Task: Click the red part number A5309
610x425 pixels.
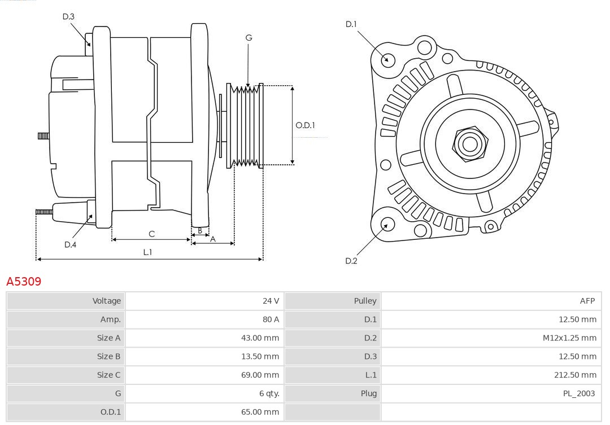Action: [24, 281]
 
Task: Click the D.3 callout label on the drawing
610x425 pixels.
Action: [68, 17]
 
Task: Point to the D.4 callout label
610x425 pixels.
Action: [70, 244]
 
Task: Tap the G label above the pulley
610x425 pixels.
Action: [249, 38]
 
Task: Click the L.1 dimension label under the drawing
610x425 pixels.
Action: [147, 252]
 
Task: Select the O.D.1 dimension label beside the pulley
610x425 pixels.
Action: [305, 125]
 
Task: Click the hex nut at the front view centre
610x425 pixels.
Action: [469, 144]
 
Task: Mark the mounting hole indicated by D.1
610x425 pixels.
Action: [388, 59]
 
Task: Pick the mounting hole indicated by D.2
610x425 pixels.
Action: [386, 225]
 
